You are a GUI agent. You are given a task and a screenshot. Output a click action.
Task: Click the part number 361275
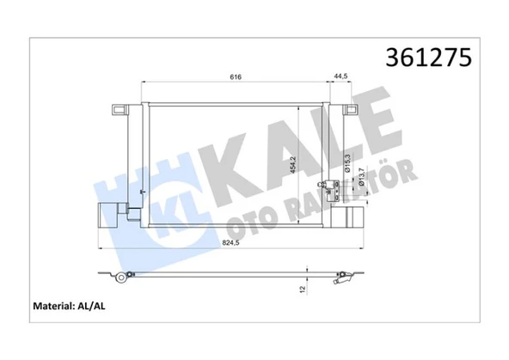[x=428, y=58]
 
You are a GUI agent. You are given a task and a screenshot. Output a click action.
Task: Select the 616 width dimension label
[x=236, y=76]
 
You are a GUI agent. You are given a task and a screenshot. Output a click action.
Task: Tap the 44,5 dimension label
[x=340, y=76]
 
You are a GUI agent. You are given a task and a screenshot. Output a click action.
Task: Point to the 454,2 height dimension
[x=293, y=165]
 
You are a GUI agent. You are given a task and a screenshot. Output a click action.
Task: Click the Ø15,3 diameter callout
[x=347, y=162]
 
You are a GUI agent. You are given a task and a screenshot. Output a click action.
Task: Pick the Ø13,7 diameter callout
[x=362, y=177]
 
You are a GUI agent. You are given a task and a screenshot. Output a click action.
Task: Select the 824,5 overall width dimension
[x=230, y=243]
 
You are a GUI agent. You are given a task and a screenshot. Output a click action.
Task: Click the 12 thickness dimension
[x=302, y=289]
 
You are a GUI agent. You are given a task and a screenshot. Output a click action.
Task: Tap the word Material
[x=54, y=306]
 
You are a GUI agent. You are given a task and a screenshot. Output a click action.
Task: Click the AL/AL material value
[x=91, y=306]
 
